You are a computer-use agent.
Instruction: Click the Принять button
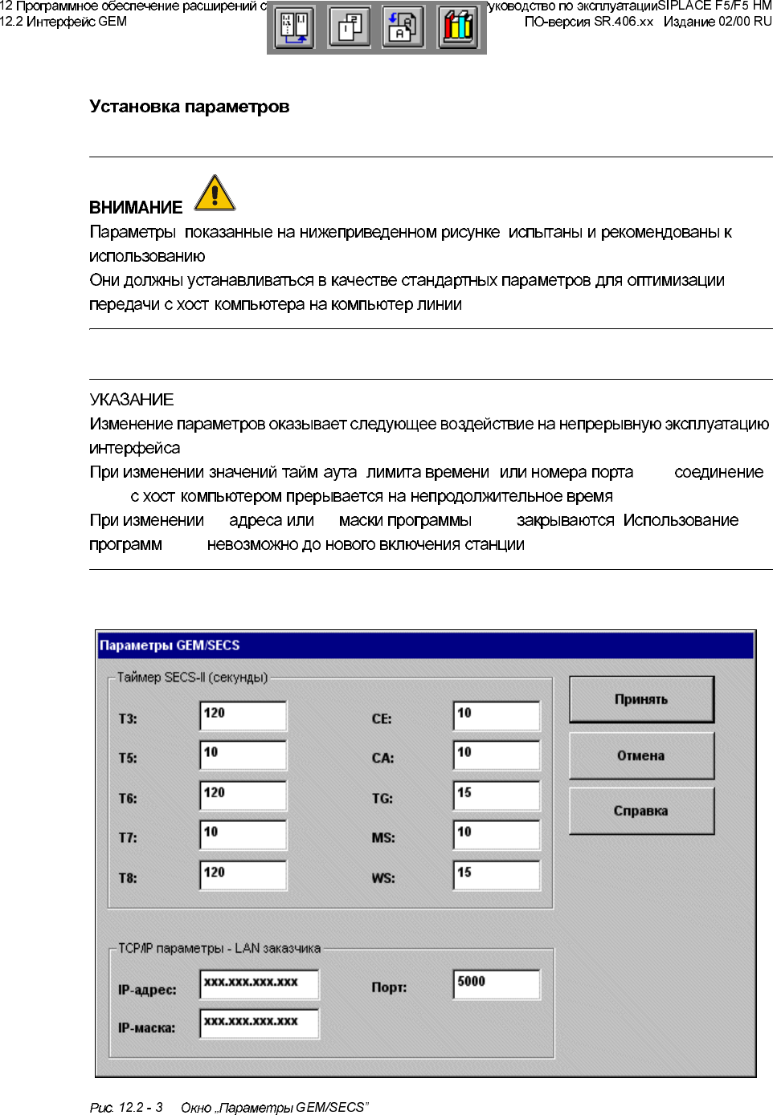[641, 699]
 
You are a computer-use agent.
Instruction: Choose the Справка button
[641, 811]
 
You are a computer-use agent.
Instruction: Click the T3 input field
[243, 715]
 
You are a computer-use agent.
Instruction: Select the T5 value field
[243, 755]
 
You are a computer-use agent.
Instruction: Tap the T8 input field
[243, 874]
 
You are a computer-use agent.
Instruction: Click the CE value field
[496, 715]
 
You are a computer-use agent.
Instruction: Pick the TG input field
[496, 795]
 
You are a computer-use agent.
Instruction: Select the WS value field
[496, 874]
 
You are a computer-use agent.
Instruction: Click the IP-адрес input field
[259, 983]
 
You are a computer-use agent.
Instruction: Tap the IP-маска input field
[259, 1023]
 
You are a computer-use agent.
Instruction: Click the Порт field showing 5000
[496, 983]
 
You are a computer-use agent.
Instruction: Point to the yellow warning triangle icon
[215, 193]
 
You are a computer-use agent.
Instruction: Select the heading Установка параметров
[190, 107]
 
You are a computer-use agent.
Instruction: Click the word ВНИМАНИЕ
[136, 208]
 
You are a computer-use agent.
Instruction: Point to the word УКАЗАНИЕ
[132, 400]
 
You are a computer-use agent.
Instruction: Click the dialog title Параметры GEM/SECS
[170, 645]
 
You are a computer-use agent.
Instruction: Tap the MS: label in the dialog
[383, 838]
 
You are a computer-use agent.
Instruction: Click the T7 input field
[243, 834]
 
